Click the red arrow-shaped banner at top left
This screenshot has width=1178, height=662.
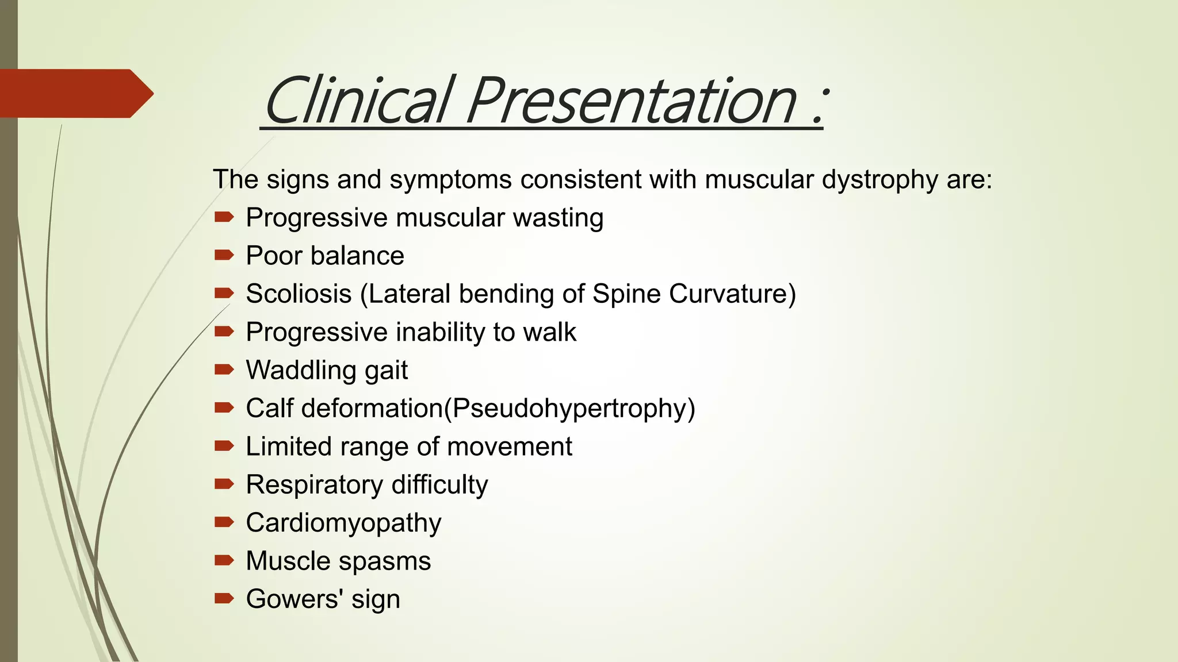point(75,93)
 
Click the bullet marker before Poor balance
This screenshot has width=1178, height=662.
point(224,255)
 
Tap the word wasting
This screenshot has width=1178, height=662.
point(557,218)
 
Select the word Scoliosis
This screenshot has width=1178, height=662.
point(299,294)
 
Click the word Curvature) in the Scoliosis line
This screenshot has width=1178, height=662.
point(732,294)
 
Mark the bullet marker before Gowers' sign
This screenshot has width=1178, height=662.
point(224,599)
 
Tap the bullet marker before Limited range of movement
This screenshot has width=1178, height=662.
point(224,446)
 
